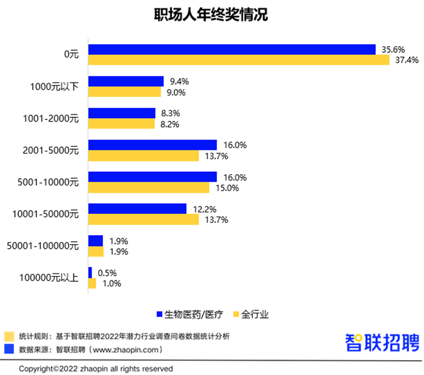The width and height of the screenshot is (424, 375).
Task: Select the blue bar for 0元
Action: (231, 50)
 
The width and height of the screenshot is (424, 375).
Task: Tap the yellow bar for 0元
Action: (238, 60)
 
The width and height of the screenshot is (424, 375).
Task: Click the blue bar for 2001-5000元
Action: (152, 145)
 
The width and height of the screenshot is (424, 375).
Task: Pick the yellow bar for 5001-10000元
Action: (149, 187)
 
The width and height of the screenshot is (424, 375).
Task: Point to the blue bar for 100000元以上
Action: (90, 272)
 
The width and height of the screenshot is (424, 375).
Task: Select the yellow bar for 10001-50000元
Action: (143, 219)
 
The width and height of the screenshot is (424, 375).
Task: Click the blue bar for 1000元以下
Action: (125, 81)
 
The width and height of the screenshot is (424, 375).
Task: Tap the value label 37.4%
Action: (404, 60)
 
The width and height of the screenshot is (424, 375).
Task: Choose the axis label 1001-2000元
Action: (51, 118)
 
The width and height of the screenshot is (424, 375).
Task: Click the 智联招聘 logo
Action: (382, 342)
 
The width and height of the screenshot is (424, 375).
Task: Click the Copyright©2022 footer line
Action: (96, 368)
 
